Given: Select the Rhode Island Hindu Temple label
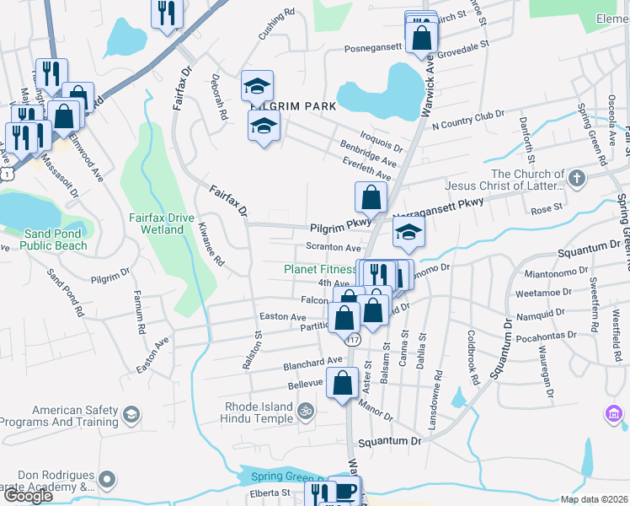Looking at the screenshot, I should click(259, 412).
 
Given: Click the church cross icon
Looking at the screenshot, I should click(576, 179).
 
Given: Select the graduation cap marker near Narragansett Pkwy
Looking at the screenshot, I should click(408, 232).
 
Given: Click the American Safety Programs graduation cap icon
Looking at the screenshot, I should click(131, 415).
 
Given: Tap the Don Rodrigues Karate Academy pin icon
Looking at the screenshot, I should click(107, 481).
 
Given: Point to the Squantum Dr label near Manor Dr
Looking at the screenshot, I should click(388, 442).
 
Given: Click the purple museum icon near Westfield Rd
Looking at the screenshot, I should click(613, 415).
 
